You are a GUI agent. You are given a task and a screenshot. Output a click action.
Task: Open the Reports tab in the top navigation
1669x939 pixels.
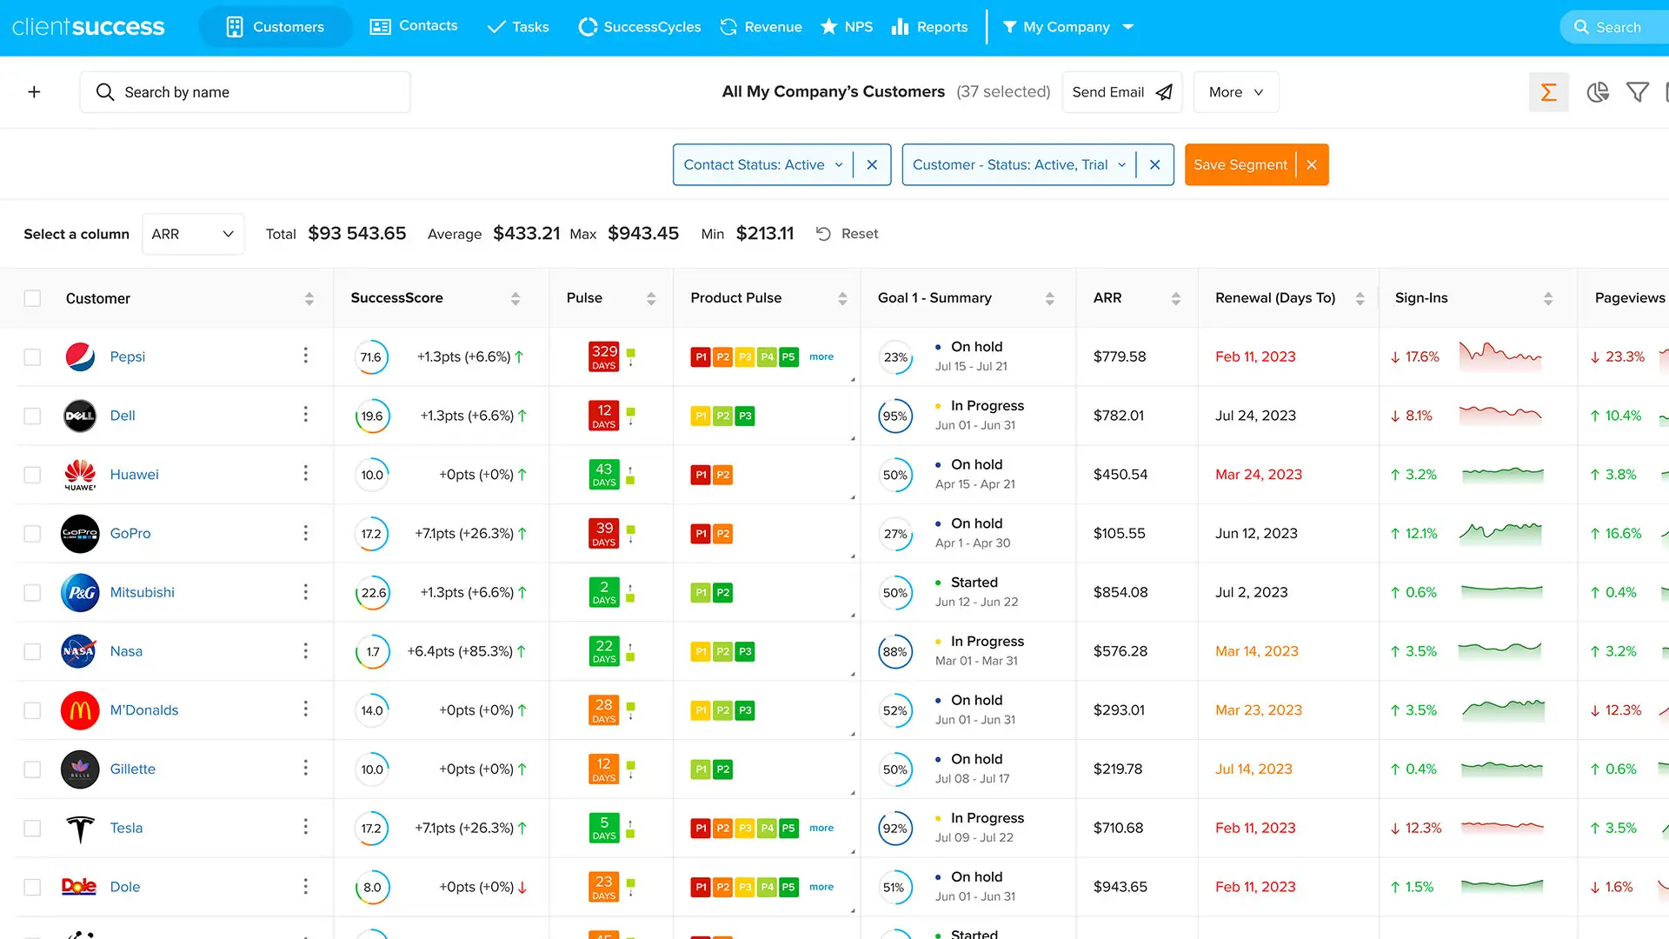pos(929,27)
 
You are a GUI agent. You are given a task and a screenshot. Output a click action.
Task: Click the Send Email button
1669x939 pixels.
pos(1121,92)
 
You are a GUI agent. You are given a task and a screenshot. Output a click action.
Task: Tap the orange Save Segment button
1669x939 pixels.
pos(1240,165)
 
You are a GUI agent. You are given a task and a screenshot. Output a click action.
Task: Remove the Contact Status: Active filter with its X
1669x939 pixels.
pos(872,165)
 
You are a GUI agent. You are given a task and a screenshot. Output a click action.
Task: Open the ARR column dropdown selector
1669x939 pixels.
pos(193,234)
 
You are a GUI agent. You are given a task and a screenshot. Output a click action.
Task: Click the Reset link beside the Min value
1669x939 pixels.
pos(848,234)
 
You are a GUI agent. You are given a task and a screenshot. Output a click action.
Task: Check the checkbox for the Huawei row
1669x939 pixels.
pos(32,475)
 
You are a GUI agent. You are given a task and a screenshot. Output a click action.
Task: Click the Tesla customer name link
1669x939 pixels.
pos(126,829)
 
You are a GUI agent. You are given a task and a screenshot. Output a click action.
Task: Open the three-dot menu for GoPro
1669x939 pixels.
pos(305,533)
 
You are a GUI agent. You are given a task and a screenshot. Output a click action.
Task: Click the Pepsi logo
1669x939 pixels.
pos(80,356)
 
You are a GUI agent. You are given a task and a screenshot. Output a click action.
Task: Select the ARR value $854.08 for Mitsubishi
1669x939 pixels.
pos(1120,593)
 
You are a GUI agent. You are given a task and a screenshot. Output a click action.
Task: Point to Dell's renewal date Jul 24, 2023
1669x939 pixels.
pos(1255,416)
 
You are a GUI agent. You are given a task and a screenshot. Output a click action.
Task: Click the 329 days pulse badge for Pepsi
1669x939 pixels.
pos(604,356)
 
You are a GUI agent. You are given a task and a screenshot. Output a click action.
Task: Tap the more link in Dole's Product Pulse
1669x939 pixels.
pos(821,887)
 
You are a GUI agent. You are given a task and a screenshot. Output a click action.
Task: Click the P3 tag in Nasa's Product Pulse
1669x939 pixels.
pos(745,651)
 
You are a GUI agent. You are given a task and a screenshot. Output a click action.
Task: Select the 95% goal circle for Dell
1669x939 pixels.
pos(895,416)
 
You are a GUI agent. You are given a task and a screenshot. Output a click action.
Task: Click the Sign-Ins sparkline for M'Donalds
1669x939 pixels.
pos(1503,710)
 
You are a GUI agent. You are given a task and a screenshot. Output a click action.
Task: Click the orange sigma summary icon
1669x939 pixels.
pos(1548,92)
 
